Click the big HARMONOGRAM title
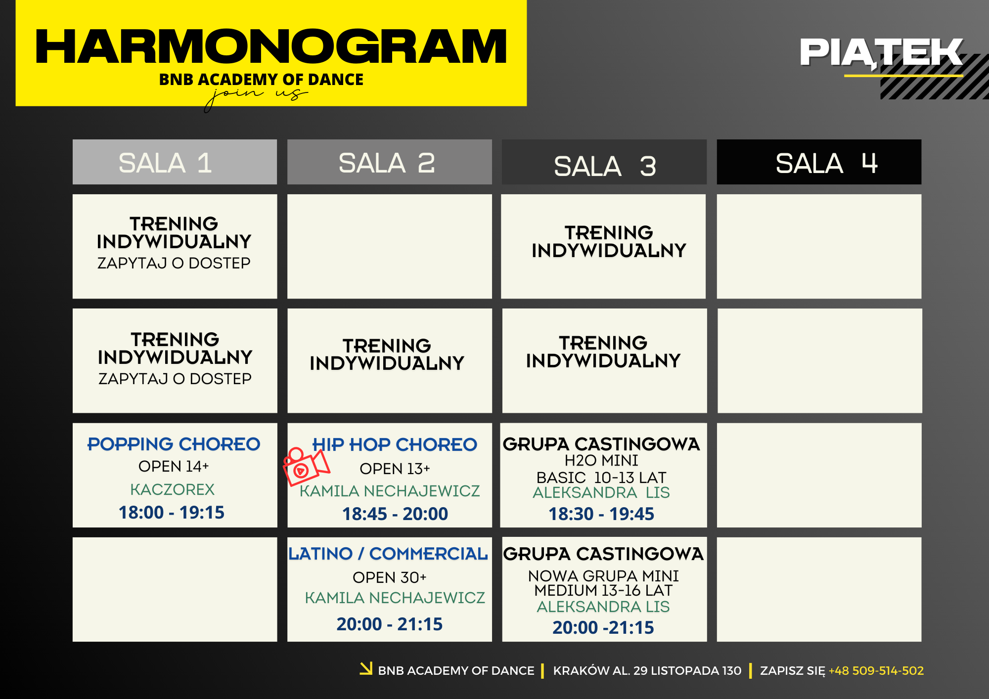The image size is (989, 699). click(271, 46)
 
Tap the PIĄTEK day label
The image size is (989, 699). click(881, 52)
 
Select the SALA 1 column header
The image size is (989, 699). click(175, 162)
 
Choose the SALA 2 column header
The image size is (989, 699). click(390, 162)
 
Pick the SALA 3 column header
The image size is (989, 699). click(604, 162)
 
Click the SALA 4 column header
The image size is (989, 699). click(819, 162)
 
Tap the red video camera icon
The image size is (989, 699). click(306, 467)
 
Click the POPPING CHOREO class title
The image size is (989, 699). click(174, 444)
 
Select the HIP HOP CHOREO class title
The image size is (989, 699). click(395, 444)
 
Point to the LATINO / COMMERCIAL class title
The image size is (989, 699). click(388, 554)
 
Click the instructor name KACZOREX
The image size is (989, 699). click(173, 489)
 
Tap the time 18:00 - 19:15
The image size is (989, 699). click(172, 513)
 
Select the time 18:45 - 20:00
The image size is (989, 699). click(395, 514)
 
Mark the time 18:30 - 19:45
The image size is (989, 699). click(601, 514)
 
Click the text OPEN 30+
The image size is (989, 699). click(390, 577)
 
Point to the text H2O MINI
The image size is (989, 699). click(601, 460)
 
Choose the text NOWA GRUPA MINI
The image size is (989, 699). click(603, 576)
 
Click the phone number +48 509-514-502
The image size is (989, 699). click(876, 671)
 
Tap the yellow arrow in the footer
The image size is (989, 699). click(366, 668)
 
